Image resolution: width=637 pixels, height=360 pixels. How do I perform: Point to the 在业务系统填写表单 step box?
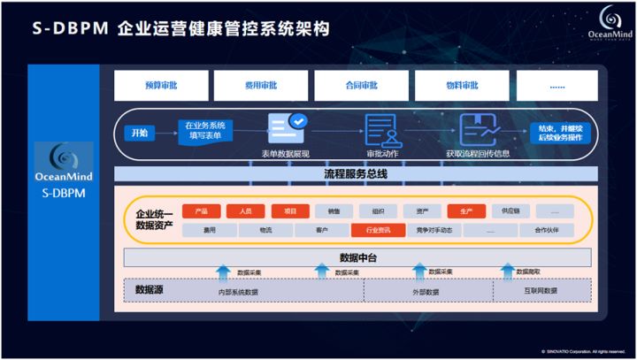pos(204,130)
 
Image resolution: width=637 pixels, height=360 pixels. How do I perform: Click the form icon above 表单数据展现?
pos(286,126)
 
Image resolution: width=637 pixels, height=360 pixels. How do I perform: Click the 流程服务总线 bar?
pos(356,174)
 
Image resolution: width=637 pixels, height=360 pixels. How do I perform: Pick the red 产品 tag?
pos(201,211)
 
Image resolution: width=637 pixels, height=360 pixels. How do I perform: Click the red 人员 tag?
pos(245,211)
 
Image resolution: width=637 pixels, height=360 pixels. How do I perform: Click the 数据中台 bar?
pos(356,257)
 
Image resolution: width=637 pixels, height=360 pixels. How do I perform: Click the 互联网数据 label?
pos(538,290)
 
